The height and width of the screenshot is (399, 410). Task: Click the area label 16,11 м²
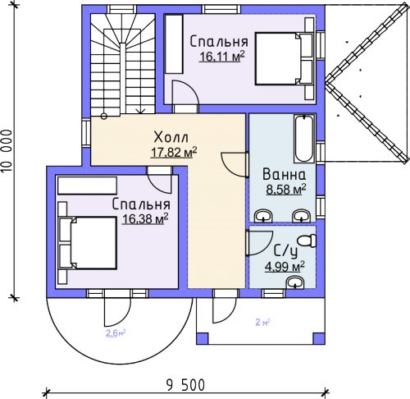tap(221, 57)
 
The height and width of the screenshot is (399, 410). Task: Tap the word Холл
tap(171, 137)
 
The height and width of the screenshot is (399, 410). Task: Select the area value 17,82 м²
tap(174, 153)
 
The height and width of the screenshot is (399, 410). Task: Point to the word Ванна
tap(284, 174)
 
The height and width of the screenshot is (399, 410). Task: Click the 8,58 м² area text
tap(286, 190)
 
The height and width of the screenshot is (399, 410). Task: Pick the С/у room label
tap(285, 251)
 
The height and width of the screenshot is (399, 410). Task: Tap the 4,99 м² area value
tap(285, 267)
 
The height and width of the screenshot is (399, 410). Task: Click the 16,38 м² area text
tap(145, 219)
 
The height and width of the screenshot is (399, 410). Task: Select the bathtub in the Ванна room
tap(303, 139)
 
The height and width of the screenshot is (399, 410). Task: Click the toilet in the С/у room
tap(307, 241)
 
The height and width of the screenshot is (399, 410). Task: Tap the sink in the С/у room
tap(295, 282)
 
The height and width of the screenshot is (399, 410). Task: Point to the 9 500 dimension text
tap(185, 385)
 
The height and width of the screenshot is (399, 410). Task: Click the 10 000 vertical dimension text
tap(7, 151)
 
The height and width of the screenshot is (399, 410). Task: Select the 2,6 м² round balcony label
tap(116, 333)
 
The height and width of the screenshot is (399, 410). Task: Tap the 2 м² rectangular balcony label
tap(262, 322)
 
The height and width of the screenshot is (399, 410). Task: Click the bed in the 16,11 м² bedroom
tap(284, 58)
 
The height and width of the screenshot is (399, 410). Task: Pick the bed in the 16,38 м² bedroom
tap(88, 243)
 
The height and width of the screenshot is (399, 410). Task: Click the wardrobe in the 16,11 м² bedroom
tap(174, 44)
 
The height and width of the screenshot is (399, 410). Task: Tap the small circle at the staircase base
tap(104, 116)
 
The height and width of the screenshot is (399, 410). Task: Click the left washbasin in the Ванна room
tap(263, 216)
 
